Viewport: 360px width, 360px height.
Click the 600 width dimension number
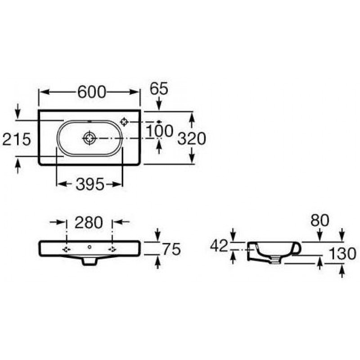(x=92, y=92)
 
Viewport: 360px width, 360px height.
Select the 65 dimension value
(x=159, y=89)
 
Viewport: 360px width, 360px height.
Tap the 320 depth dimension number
(x=192, y=139)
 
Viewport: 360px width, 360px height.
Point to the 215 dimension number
(x=16, y=139)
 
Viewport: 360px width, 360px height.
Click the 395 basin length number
(x=90, y=184)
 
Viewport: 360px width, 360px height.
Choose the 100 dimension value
(x=159, y=131)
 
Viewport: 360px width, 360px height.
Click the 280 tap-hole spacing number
(x=89, y=222)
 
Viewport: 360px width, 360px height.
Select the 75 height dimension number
(x=172, y=249)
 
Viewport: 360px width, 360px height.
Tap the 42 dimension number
(x=219, y=246)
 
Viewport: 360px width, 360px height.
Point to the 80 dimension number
(x=320, y=220)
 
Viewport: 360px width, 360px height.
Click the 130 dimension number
(x=342, y=254)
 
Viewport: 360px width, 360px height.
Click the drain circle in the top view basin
(x=89, y=138)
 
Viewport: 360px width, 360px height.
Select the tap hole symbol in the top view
(x=124, y=121)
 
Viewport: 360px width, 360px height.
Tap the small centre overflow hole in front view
(x=90, y=247)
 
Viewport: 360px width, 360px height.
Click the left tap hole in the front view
(x=67, y=249)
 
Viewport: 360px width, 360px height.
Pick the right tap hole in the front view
(x=112, y=249)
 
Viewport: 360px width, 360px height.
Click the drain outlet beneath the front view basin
(x=89, y=261)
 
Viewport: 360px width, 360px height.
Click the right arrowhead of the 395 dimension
(x=117, y=184)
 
